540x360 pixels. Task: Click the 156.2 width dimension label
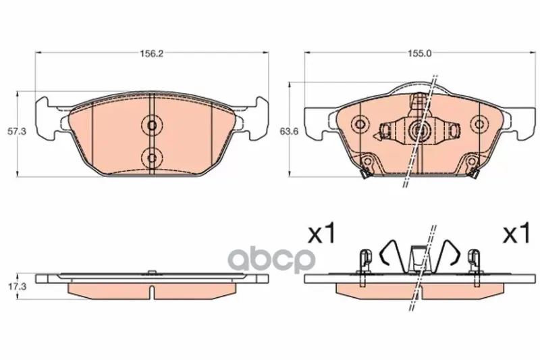151,53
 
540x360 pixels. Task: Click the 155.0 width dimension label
419,53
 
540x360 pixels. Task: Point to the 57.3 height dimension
16,131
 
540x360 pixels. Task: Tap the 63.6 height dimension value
288,131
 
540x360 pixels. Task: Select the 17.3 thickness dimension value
16,286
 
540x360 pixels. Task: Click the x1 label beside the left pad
321,234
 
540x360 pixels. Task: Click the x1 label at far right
516,234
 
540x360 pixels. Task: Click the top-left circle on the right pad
360,124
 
